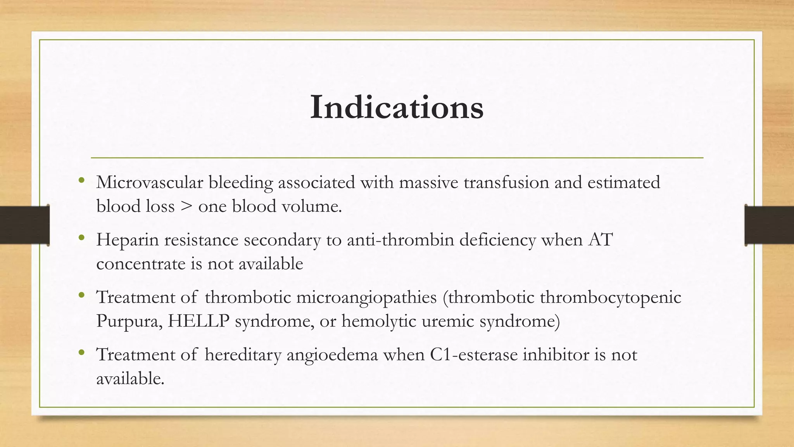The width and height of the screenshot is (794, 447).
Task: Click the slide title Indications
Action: (x=397, y=107)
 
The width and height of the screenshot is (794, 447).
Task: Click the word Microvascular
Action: (x=149, y=182)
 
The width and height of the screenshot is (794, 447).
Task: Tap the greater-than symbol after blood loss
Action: (x=186, y=206)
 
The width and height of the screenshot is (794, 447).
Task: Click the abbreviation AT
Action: (x=600, y=239)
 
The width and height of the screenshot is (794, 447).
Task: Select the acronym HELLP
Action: (x=198, y=321)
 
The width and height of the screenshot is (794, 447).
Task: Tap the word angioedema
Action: (x=332, y=355)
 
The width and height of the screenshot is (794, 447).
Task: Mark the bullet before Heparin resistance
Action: (x=81, y=237)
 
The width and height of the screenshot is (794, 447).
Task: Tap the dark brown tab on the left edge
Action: (x=24, y=225)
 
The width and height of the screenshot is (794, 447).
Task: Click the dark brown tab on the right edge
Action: (x=769, y=225)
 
